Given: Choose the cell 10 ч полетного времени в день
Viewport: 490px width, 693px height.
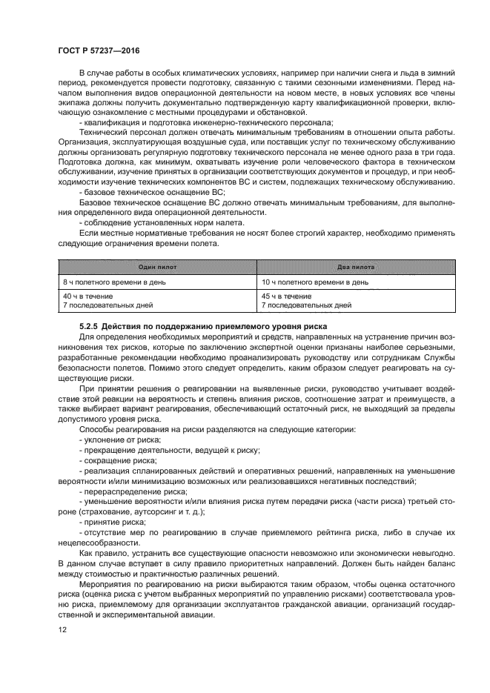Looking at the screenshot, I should (x=316, y=282).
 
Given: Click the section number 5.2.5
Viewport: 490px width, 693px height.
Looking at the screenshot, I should (x=91, y=326).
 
